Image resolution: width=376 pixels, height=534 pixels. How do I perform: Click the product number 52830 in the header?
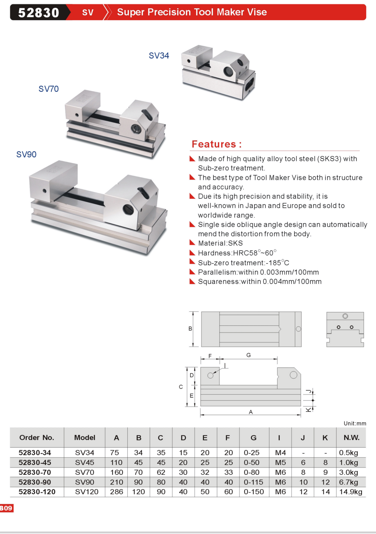pyautogui.click(x=38, y=13)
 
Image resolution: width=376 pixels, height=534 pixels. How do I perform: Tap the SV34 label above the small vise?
pyautogui.click(x=159, y=56)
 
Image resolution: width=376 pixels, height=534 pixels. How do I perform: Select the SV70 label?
pyautogui.click(x=49, y=89)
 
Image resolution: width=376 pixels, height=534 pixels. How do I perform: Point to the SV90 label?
pyautogui.click(x=26, y=154)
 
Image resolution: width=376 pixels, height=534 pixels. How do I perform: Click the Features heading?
pyautogui.click(x=217, y=144)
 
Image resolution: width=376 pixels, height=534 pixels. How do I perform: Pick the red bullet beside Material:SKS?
pyautogui.click(x=192, y=243)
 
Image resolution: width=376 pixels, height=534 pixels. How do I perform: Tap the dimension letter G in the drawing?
pyautogui.click(x=249, y=355)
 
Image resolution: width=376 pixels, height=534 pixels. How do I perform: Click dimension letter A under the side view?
pyautogui.click(x=251, y=412)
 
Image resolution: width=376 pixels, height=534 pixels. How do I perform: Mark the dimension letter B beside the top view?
pyautogui.click(x=190, y=329)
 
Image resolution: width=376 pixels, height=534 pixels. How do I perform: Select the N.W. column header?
pyautogui.click(x=351, y=438)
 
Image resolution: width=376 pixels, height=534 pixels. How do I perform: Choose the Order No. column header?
pyautogui.click(x=37, y=438)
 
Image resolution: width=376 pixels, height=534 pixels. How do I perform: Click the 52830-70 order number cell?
pyautogui.click(x=35, y=472)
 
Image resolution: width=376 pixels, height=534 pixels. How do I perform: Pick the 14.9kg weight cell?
pyautogui.click(x=351, y=492)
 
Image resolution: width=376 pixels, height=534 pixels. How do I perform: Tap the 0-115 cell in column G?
pyautogui.click(x=253, y=482)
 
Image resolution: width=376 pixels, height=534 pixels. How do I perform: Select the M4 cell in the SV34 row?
pyautogui.click(x=280, y=453)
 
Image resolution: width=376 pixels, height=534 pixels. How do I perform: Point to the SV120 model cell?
pyautogui.click(x=86, y=492)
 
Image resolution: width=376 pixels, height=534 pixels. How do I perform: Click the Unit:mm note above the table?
pyautogui.click(x=355, y=423)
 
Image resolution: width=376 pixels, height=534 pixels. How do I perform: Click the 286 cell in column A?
pyautogui.click(x=117, y=492)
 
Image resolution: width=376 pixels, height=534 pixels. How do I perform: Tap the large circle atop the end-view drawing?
pyautogui.click(x=345, y=316)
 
